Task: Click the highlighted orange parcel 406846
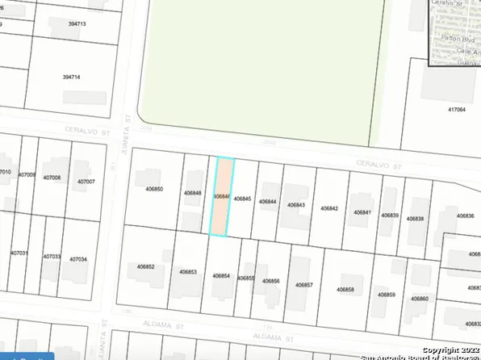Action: [x=222, y=197]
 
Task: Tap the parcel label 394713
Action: [x=77, y=24]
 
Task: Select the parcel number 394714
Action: [x=72, y=77]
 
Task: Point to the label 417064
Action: [x=457, y=109]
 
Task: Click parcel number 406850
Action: [x=154, y=189]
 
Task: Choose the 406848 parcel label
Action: [x=192, y=193]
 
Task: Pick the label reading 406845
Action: [x=242, y=199]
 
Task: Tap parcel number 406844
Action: [x=268, y=201]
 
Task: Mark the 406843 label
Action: [x=296, y=205]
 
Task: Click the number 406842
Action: [x=328, y=208]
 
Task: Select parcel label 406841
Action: [x=362, y=212]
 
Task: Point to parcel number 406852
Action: [x=145, y=266]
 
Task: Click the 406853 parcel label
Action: [x=188, y=272]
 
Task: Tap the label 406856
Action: [x=271, y=281]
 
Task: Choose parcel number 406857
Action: [x=303, y=285]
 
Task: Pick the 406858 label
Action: [x=345, y=289]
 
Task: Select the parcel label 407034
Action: [x=77, y=259]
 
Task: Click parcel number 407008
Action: [x=52, y=177]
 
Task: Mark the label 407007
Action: [x=86, y=182]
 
